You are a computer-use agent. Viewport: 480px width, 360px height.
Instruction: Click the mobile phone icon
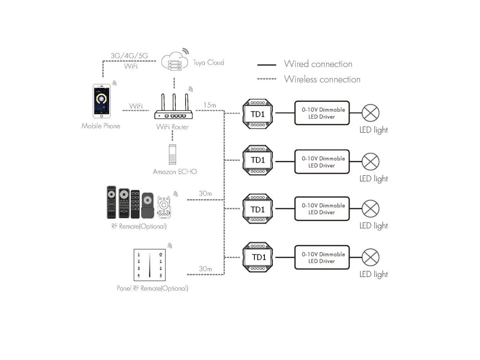click(x=102, y=101)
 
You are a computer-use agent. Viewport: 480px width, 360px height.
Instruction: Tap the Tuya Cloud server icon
click(x=174, y=61)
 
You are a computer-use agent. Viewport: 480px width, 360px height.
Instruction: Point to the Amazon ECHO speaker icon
click(x=172, y=154)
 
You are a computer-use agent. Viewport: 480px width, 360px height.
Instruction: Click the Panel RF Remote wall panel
click(x=150, y=265)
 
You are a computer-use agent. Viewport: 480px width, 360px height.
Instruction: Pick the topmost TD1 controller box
click(x=257, y=113)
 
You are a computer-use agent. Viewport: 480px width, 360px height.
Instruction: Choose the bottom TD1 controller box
click(x=257, y=257)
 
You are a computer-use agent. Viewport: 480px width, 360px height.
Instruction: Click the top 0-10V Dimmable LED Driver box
click(x=322, y=113)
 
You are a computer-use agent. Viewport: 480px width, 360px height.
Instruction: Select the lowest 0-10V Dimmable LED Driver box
click(x=322, y=257)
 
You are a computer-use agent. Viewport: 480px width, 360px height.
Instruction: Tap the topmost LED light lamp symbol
click(x=370, y=113)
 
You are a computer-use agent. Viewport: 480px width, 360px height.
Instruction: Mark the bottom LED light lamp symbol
click(x=370, y=257)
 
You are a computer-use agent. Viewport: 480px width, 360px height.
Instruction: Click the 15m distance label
click(x=210, y=105)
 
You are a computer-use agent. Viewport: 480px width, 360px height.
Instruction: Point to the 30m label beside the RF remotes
click(x=205, y=194)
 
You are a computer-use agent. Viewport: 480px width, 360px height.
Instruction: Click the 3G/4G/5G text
click(x=129, y=56)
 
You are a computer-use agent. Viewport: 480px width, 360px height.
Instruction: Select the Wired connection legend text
click(x=318, y=64)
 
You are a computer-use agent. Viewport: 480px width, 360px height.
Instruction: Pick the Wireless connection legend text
click(x=322, y=79)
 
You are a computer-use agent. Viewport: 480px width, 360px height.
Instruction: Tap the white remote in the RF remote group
click(x=164, y=207)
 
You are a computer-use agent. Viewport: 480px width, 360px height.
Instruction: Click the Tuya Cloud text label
click(x=208, y=62)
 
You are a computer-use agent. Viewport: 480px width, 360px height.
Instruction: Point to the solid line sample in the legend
click(x=267, y=65)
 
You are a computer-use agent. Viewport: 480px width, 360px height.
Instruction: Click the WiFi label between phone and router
click(x=135, y=106)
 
